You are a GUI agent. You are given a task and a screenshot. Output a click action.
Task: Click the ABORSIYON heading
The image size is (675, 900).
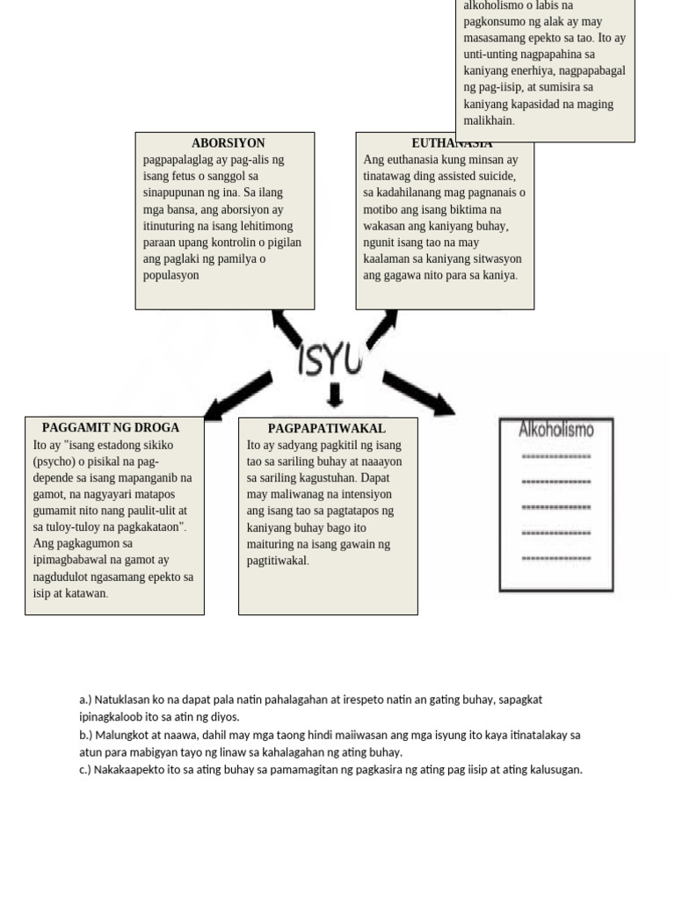(x=228, y=143)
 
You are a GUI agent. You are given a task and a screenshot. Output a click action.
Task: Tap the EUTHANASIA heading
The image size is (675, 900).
(x=452, y=143)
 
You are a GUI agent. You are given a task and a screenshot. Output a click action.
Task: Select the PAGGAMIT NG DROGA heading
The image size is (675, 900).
(x=111, y=428)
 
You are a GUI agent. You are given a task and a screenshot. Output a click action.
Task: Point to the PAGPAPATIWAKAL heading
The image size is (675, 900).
(x=327, y=429)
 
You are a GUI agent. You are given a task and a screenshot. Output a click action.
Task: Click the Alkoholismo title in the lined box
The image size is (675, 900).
(x=556, y=430)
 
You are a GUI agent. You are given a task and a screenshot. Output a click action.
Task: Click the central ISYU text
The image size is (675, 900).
(x=330, y=358)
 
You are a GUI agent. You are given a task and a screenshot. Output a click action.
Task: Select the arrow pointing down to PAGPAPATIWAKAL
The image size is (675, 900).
(x=334, y=395)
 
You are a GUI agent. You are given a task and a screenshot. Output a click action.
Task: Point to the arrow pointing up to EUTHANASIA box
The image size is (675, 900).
(x=381, y=327)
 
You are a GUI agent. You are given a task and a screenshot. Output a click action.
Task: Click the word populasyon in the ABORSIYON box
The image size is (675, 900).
(x=171, y=275)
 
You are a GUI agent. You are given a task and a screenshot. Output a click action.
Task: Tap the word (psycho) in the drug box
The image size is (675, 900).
(x=54, y=461)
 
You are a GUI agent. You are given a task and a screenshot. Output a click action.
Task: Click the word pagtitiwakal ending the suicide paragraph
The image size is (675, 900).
(x=278, y=561)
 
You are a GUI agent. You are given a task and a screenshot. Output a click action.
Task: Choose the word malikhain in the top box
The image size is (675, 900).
(x=489, y=120)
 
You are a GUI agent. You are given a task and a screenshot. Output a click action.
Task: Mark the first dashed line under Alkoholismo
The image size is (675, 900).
(x=556, y=457)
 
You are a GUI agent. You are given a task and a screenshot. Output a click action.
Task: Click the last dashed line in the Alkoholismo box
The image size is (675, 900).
(x=556, y=558)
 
